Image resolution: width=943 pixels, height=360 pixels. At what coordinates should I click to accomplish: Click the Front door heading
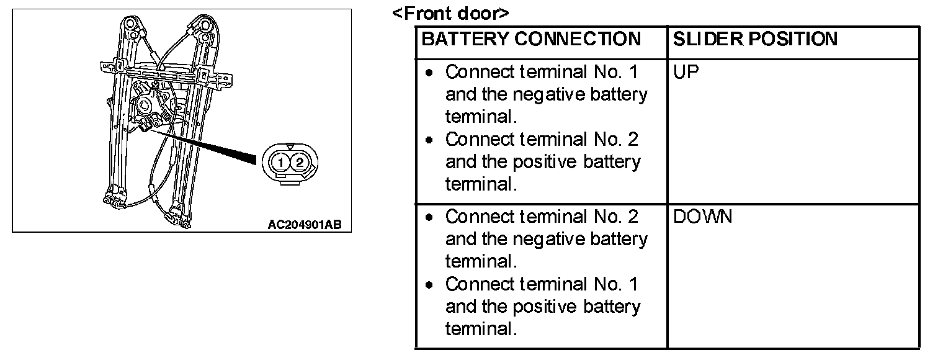point(450,14)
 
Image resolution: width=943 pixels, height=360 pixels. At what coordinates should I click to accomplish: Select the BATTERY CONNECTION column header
point(531,40)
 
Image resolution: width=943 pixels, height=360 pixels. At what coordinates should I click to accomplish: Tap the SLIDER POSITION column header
point(755,40)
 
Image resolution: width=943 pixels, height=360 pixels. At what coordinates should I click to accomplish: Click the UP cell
point(686,73)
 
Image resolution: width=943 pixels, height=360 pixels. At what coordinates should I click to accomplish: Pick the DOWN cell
point(702,217)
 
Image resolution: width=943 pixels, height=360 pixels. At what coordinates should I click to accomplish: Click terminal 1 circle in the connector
point(282,163)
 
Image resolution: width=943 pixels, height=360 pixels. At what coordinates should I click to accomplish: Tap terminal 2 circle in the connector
point(300,163)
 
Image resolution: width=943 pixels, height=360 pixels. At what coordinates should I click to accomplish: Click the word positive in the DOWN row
point(547,307)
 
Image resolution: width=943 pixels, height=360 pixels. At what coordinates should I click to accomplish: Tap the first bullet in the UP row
point(429,73)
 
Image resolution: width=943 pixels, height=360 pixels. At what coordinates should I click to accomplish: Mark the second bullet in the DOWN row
point(429,286)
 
